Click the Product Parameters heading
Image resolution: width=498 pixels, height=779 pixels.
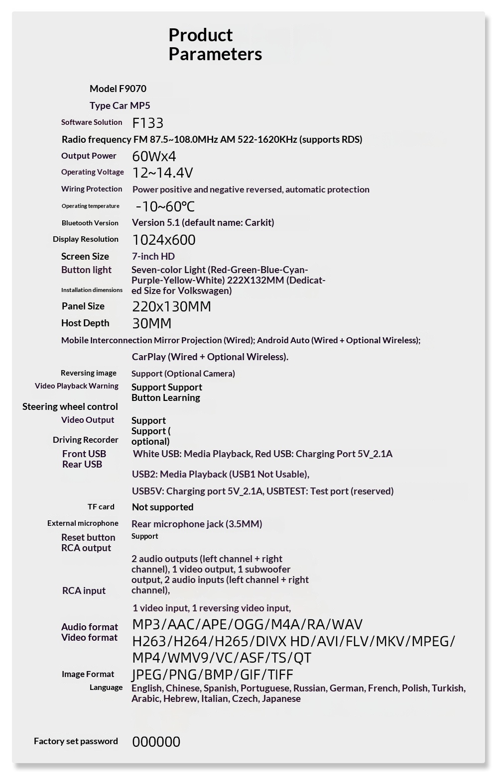[x=215, y=44]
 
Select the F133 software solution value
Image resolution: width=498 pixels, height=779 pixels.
[x=148, y=123]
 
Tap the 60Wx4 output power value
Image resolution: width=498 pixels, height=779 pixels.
[x=154, y=156]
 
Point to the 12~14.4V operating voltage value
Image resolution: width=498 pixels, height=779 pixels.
[x=162, y=173]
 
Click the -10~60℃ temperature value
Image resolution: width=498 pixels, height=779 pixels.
[x=165, y=206]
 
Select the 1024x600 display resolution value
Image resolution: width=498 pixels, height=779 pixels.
[x=164, y=240]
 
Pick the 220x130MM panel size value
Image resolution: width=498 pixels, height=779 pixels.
[x=171, y=306]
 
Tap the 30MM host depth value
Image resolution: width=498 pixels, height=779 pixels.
[x=151, y=323]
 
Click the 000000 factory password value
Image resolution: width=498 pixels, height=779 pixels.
[x=156, y=742]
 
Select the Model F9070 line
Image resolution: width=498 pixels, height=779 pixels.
[x=118, y=89]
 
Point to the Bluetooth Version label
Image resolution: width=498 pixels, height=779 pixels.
[x=90, y=223]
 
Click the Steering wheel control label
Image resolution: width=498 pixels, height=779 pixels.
[x=70, y=406]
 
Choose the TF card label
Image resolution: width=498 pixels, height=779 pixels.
[x=101, y=507]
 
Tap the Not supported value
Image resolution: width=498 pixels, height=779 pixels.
[x=162, y=507]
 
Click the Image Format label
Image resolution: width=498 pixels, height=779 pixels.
[x=88, y=674]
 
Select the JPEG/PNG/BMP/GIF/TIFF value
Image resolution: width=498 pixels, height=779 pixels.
[x=212, y=675]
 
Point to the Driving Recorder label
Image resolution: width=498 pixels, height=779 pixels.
[x=86, y=440]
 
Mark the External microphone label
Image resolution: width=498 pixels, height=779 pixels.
[x=83, y=523]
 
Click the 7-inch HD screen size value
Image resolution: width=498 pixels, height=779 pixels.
[x=153, y=256]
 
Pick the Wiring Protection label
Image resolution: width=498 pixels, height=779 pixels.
[x=92, y=189]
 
